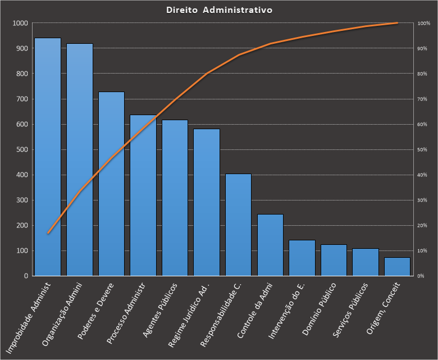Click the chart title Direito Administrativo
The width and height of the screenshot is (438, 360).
point(220,11)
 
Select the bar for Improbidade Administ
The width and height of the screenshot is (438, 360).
point(48,157)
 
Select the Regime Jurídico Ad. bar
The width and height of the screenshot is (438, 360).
point(207,202)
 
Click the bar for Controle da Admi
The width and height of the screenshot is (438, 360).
point(270,245)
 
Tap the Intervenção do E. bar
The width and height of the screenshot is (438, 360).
point(302,258)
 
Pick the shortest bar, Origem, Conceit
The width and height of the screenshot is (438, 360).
point(397,267)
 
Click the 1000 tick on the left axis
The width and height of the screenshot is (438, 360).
point(21,24)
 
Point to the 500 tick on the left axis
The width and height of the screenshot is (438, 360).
point(22,150)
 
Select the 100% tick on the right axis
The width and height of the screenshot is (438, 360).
point(423,24)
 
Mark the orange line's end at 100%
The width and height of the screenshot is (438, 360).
point(397,23)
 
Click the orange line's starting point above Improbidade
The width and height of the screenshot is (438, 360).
point(48,233)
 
